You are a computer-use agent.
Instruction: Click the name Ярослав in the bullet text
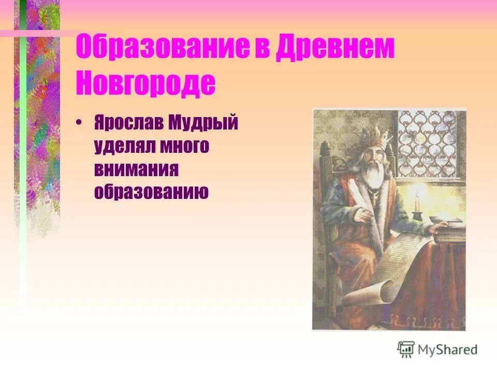point(128,124)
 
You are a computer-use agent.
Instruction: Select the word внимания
point(137,169)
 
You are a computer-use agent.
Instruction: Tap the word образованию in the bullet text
point(151,192)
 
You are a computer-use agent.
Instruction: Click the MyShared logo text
point(448,349)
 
